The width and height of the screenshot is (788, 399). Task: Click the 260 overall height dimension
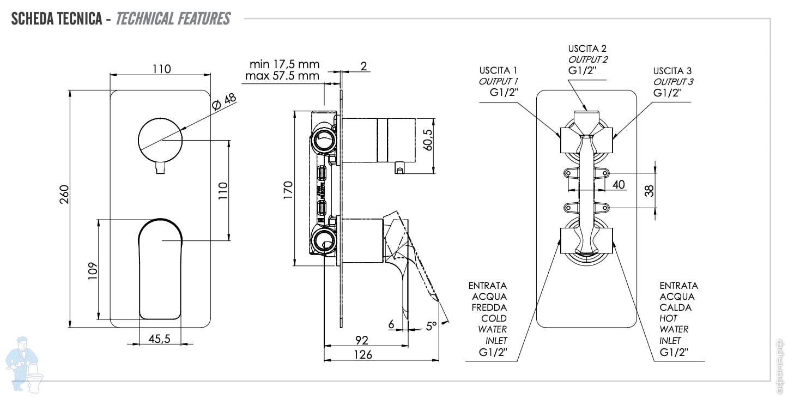[64, 199]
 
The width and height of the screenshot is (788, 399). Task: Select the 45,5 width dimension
[160, 339]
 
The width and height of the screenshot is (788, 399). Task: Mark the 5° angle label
[432, 326]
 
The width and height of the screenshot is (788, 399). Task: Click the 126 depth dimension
[362, 355]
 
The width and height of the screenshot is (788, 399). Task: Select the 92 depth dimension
[362, 340]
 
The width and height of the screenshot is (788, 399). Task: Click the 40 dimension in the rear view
[618, 185]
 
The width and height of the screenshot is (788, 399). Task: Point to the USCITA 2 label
[587, 49]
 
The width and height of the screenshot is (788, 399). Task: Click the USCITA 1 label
[498, 70]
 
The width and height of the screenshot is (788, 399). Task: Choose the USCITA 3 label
[672, 71]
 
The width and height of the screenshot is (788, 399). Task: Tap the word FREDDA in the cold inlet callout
[489, 307]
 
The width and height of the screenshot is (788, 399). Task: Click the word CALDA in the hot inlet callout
[676, 307]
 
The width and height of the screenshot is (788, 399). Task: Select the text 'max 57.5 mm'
[282, 76]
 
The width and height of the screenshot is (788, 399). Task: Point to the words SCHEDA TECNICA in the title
[57, 19]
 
